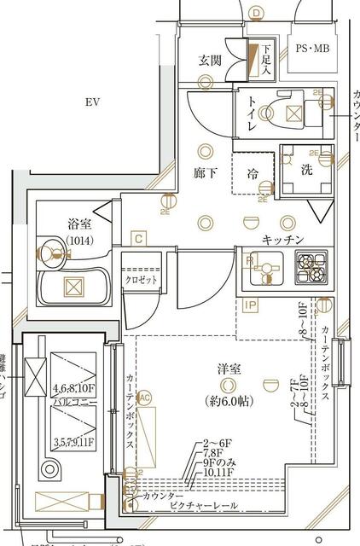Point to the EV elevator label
(93, 102)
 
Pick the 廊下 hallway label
(206, 172)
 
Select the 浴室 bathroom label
(79, 224)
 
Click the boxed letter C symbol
(137, 239)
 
